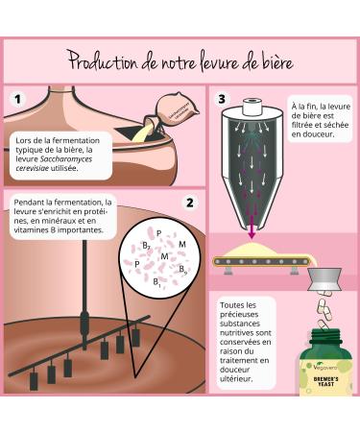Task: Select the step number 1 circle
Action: [x=16, y=97]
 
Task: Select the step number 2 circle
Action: [x=189, y=204]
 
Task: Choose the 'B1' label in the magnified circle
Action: [x=156, y=285]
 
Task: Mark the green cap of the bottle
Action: [x=331, y=338]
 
